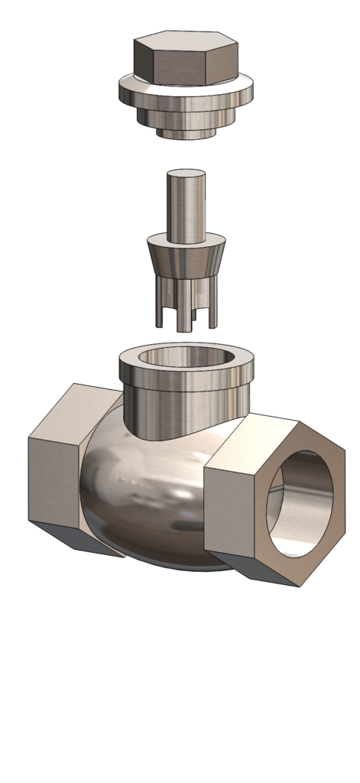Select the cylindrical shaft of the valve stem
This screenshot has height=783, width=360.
(186, 203)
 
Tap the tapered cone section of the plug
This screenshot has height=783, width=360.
(186, 260)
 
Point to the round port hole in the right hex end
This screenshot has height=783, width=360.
(301, 505)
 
